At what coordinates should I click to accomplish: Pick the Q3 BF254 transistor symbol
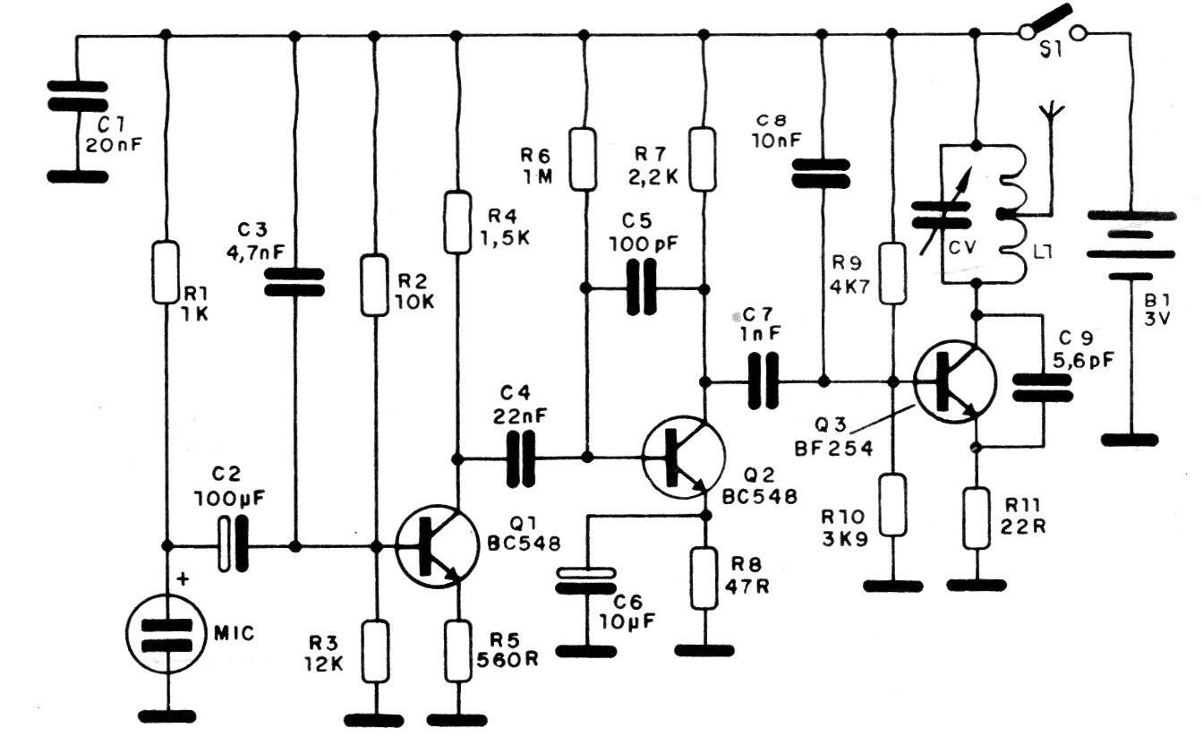tap(955, 381)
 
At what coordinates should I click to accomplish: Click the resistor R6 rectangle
tap(584, 158)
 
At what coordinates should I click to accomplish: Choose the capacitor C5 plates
tap(643, 288)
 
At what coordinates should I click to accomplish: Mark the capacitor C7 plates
tap(763, 381)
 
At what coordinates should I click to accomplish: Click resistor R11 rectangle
tap(976, 519)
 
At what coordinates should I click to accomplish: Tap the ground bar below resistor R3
tap(374, 719)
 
